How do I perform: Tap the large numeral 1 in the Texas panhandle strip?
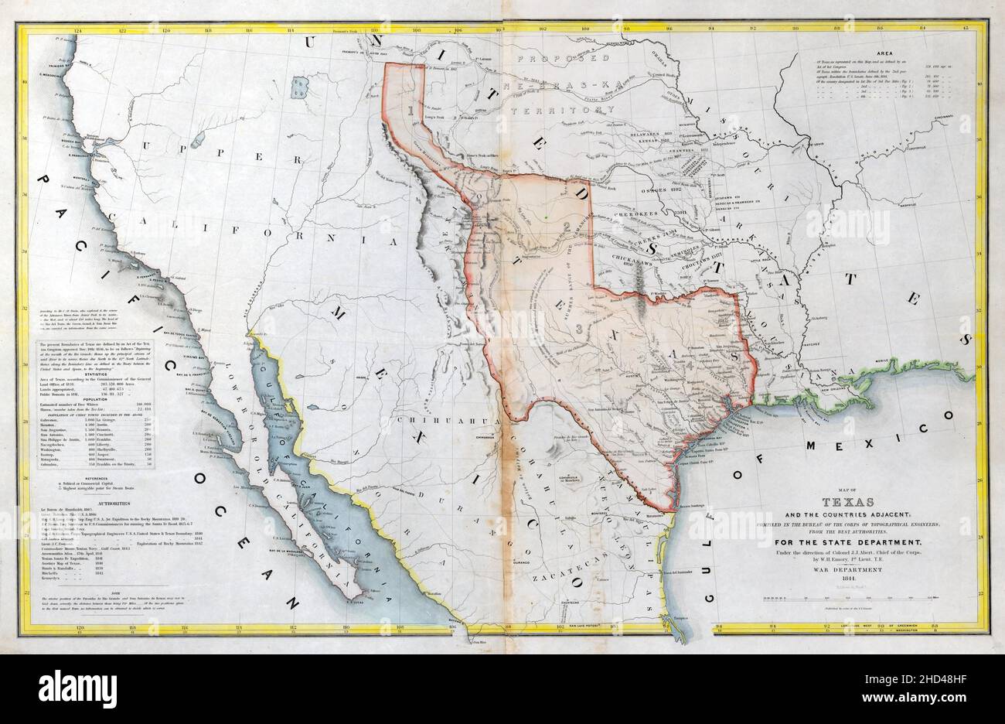(407, 111)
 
